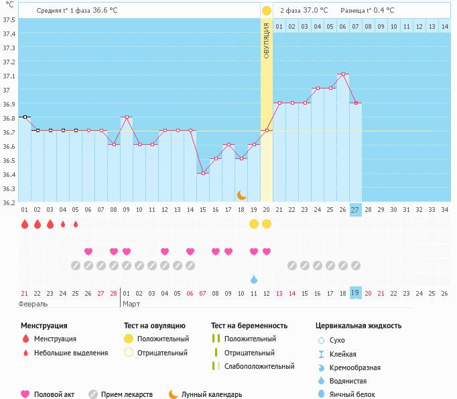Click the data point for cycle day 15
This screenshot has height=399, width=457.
pyautogui.click(x=203, y=173)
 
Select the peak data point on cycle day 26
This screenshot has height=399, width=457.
pyautogui.click(x=343, y=74)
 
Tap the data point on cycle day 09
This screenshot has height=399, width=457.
pyautogui.click(x=127, y=117)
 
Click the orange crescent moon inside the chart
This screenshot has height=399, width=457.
pyautogui.click(x=242, y=194)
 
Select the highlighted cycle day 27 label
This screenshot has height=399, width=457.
pyautogui.click(x=355, y=209)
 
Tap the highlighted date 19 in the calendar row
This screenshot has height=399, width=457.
pyautogui.click(x=355, y=293)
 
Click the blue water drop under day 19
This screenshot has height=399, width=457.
pyautogui.click(x=254, y=279)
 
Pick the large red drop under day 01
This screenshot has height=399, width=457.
pyautogui.click(x=25, y=224)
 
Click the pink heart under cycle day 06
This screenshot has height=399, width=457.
pyautogui.click(x=88, y=251)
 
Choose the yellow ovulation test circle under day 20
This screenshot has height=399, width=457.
pyautogui.click(x=267, y=224)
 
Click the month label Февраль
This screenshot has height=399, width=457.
pyautogui.click(x=34, y=304)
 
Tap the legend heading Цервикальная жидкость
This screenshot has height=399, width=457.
pyautogui.click(x=358, y=326)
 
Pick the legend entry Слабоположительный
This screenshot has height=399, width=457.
pyautogui.click(x=259, y=366)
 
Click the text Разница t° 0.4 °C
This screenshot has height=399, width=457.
pyautogui.click(x=367, y=10)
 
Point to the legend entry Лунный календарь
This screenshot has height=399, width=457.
pyautogui.click(x=212, y=395)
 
